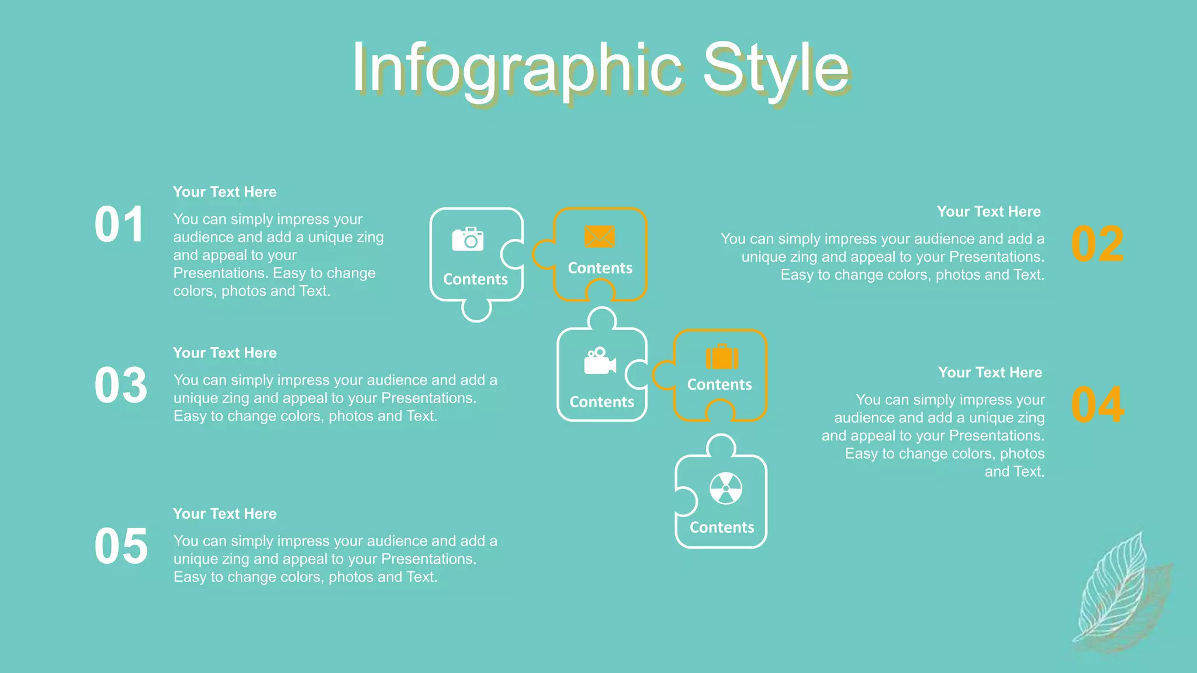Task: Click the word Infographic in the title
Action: (x=517, y=69)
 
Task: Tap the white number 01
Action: (x=119, y=225)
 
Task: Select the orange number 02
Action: (x=1097, y=244)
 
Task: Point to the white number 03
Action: (x=121, y=386)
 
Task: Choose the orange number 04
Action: (x=1097, y=405)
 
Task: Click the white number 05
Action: (x=121, y=546)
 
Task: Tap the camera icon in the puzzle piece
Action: (x=468, y=239)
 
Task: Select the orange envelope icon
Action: (x=599, y=237)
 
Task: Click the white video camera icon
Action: (x=600, y=361)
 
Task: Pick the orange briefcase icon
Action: (x=722, y=357)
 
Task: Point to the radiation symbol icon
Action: (x=725, y=488)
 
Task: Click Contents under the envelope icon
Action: (x=600, y=268)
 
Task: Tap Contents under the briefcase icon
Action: (x=719, y=385)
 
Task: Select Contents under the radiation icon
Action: (x=722, y=528)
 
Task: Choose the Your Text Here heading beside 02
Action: (x=988, y=211)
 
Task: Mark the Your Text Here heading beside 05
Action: (x=225, y=514)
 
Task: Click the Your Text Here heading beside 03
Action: (x=225, y=353)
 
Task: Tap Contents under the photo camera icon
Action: (x=475, y=279)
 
